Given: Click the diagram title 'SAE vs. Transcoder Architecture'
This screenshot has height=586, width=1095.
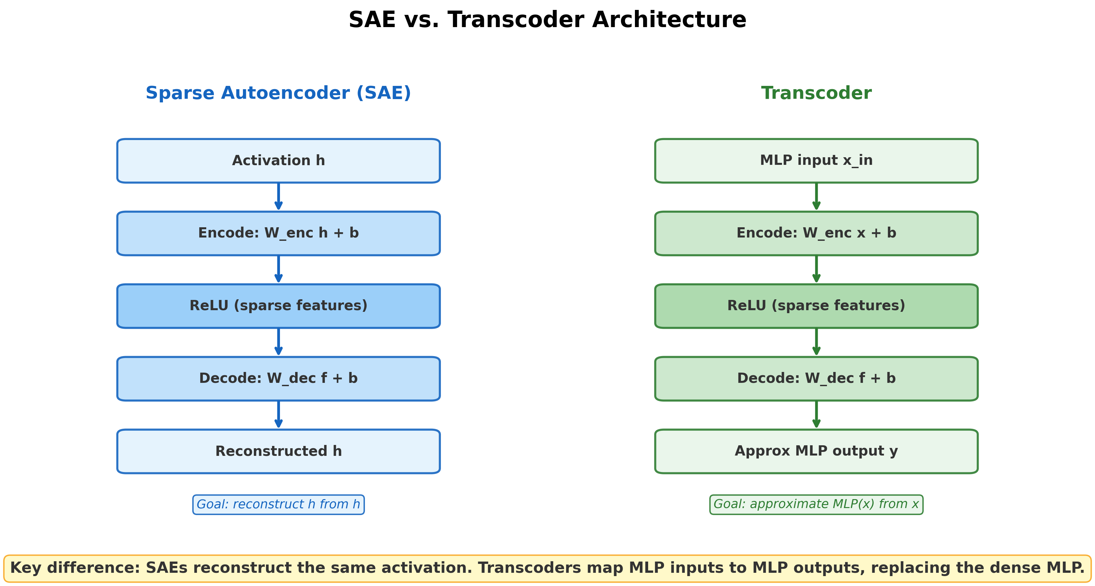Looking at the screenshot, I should pyautogui.click(x=547, y=20).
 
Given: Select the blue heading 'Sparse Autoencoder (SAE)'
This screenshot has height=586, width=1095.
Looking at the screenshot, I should pyautogui.click(x=278, y=93).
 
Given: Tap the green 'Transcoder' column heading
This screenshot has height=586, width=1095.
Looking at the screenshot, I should pyautogui.click(x=816, y=93).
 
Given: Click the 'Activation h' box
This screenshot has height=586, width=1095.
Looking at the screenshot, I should pyautogui.click(x=278, y=161).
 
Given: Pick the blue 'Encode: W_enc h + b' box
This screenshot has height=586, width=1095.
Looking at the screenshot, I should pyautogui.click(x=278, y=233).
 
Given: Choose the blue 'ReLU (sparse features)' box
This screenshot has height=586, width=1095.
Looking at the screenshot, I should pyautogui.click(x=278, y=306).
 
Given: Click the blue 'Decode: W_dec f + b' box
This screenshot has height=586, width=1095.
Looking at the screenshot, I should pyautogui.click(x=278, y=379).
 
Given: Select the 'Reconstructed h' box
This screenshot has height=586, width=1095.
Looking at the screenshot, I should pyautogui.click(x=278, y=451).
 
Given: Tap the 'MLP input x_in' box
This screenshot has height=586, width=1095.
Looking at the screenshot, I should pyautogui.click(x=816, y=161).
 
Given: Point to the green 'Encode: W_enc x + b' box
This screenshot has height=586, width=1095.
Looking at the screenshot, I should pyautogui.click(x=816, y=233).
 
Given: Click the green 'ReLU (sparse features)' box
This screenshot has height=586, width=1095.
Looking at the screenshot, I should pyautogui.click(x=816, y=306).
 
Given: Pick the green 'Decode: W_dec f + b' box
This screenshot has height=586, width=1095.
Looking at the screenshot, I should pyautogui.click(x=816, y=379).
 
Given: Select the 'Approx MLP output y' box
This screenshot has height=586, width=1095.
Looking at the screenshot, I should pyautogui.click(x=816, y=451).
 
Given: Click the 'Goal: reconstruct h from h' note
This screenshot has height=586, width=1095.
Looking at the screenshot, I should pyautogui.click(x=278, y=504).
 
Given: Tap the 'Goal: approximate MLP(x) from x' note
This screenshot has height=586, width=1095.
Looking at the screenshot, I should pyautogui.click(x=816, y=504).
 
